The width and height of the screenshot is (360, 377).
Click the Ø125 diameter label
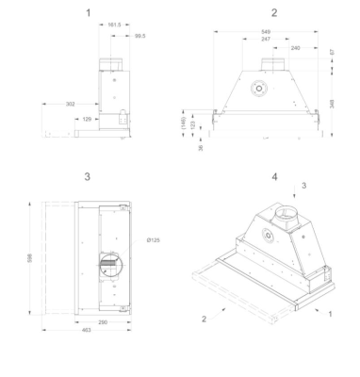pyautogui.click(x=154, y=240)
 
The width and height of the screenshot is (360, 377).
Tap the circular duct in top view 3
pyautogui.click(x=106, y=260)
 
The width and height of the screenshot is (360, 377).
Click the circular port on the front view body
pyautogui.click(x=255, y=94)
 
